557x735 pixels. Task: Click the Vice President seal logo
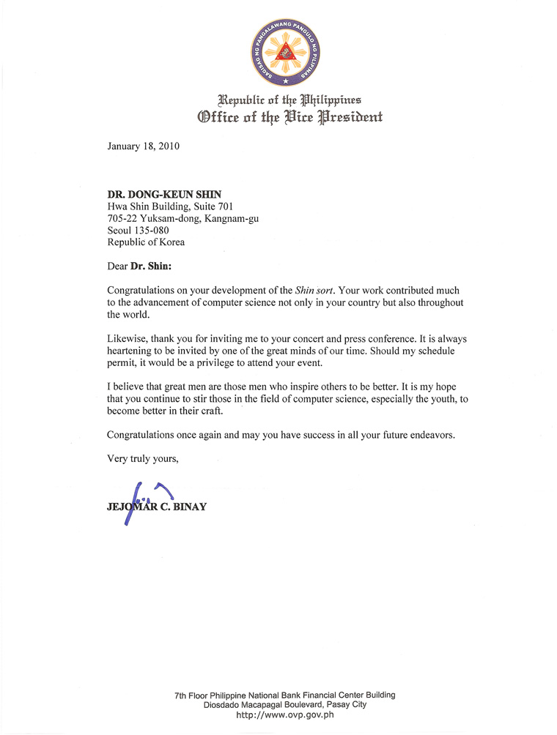click(x=287, y=50)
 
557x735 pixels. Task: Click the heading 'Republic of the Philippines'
click(x=287, y=100)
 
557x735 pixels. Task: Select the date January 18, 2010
click(x=144, y=145)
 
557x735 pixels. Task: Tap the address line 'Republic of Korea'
click(x=146, y=242)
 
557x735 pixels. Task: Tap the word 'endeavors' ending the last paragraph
click(x=429, y=435)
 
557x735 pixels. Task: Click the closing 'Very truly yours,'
click(x=143, y=459)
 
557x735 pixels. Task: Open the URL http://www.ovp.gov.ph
click(x=285, y=715)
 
